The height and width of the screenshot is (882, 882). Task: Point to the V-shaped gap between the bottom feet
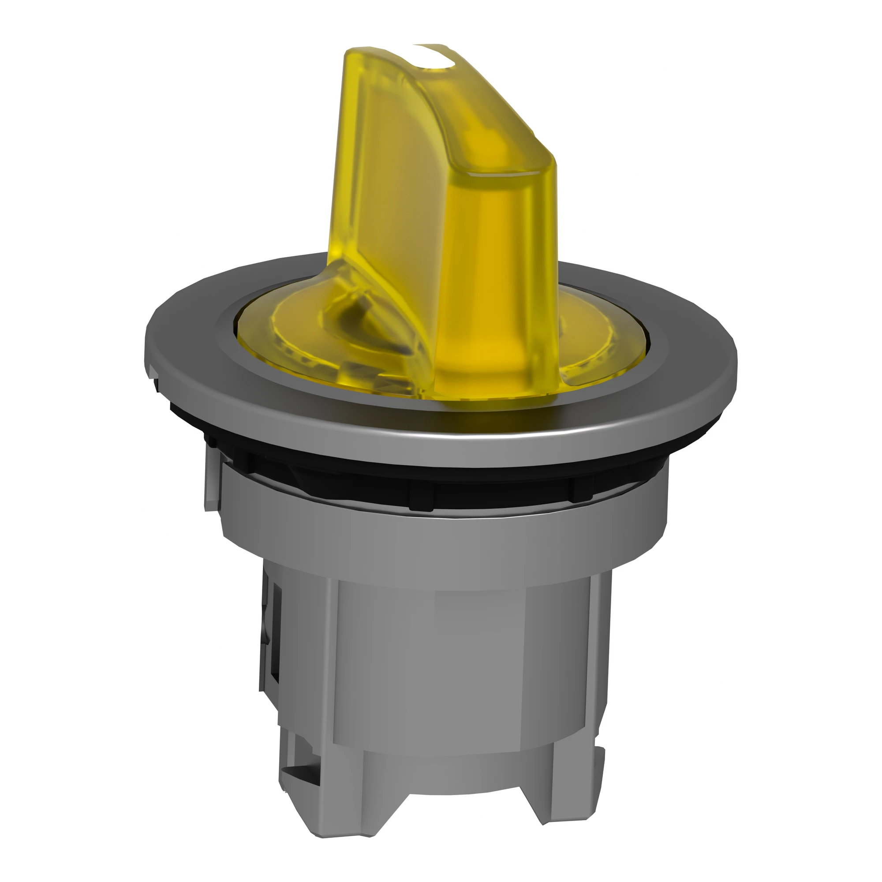pos(456,822)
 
